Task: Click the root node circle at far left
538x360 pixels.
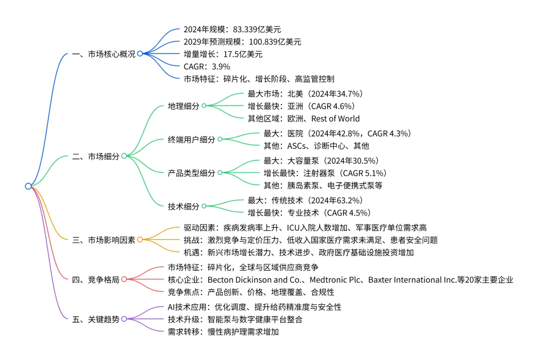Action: coord(28,186)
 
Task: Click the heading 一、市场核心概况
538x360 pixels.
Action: coord(103,54)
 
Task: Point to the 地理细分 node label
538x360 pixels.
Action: coord(183,106)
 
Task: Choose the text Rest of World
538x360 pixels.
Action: coord(335,119)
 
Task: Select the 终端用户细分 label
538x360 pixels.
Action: coord(191,139)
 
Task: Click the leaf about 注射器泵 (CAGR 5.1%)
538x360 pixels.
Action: coord(325,173)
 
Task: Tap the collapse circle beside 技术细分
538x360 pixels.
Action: coord(204,206)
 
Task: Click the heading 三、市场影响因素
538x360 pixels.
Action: coord(103,240)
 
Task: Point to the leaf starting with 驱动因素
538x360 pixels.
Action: coord(304,228)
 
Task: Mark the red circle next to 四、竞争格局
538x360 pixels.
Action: coord(124,280)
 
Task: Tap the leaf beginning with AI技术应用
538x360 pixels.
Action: coord(255,307)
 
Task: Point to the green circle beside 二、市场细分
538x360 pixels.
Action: coord(124,156)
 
